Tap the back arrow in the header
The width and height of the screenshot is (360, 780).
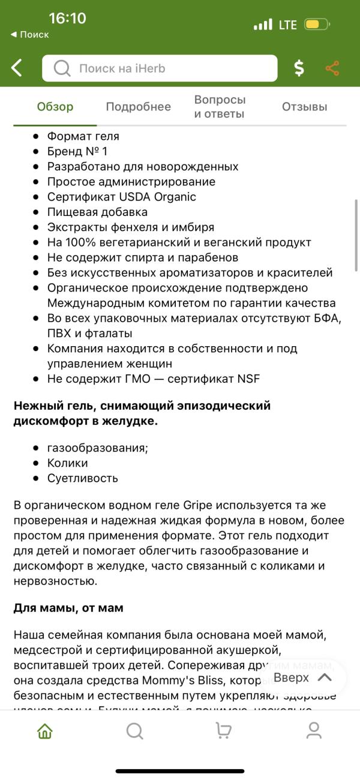point(17,68)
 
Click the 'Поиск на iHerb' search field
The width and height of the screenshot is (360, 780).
point(160,68)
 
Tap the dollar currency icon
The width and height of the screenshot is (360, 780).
point(299,68)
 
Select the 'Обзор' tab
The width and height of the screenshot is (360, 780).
point(55,107)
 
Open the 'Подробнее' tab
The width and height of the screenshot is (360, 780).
point(138,107)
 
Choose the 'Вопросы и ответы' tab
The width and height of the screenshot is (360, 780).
point(220,107)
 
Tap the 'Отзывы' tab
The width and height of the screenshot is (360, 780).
point(304,107)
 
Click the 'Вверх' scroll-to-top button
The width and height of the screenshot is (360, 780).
point(302,677)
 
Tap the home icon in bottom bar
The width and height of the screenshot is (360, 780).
point(45,731)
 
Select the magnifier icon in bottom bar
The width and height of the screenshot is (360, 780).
point(135,731)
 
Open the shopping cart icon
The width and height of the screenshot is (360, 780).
point(224,731)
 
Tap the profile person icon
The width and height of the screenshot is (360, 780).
point(314,731)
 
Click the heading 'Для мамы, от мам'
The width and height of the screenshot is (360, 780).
point(68,608)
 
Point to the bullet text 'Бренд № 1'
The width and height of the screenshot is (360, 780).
point(77,151)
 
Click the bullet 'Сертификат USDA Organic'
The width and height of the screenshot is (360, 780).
point(121,197)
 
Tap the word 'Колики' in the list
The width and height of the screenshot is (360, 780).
point(67,463)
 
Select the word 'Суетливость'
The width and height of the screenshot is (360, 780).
point(82,478)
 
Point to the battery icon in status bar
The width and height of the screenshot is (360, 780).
point(316,25)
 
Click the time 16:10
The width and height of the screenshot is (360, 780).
point(67,18)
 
